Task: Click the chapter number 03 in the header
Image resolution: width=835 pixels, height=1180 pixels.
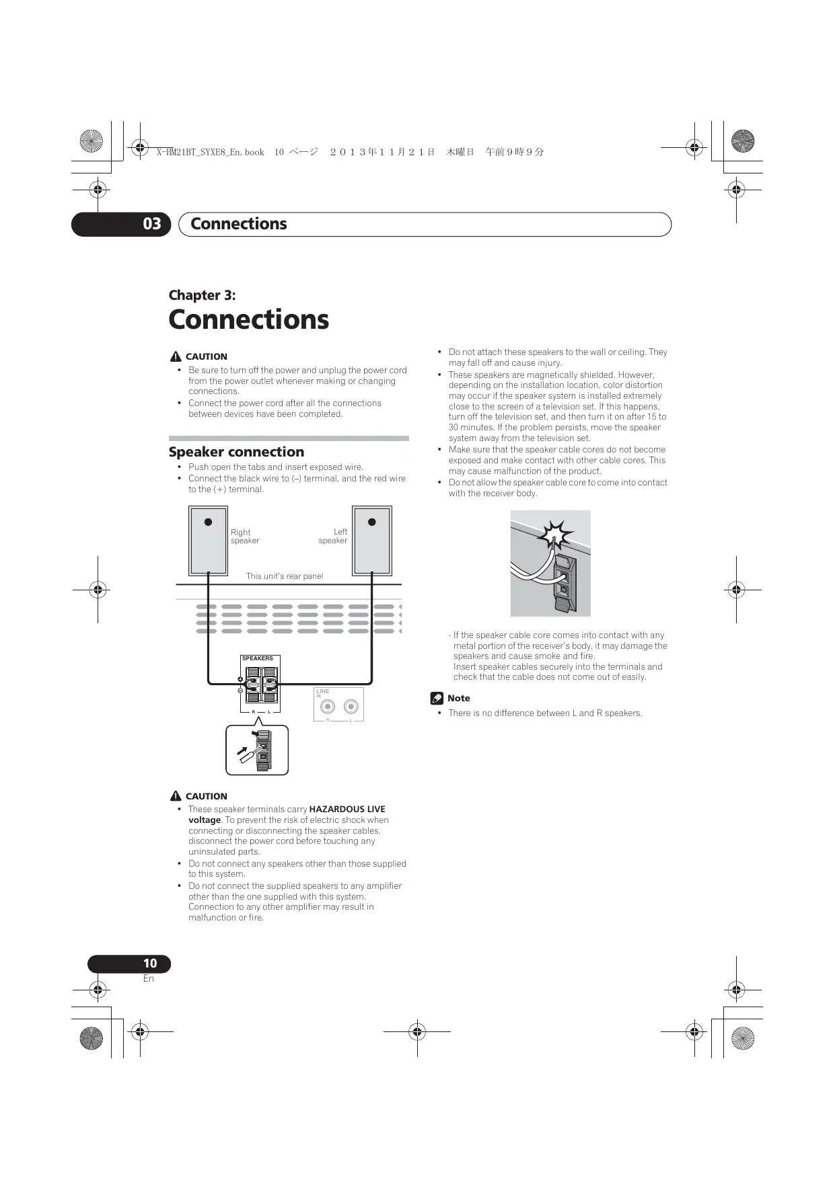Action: point(152,224)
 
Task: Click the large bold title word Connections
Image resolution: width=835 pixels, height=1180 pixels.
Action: point(248,319)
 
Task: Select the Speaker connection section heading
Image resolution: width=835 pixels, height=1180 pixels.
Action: point(236,452)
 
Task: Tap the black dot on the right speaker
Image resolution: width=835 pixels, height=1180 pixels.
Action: point(209,522)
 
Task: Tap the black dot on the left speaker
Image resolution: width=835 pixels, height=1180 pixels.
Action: point(371,522)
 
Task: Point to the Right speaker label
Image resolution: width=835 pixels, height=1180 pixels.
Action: point(244,537)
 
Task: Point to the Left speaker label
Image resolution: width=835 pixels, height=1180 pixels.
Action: point(333,537)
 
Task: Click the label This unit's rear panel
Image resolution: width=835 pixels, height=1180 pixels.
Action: point(284,576)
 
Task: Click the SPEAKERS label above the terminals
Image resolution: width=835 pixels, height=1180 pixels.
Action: point(257,659)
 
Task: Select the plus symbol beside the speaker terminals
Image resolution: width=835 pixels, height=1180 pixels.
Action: point(240,679)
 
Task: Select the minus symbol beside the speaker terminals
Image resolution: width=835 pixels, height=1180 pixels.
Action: point(240,691)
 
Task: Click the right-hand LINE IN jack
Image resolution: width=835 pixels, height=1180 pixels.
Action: point(351,706)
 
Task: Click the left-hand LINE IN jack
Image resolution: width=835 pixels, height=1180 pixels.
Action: point(328,706)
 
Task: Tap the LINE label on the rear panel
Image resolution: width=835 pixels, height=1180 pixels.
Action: point(323,691)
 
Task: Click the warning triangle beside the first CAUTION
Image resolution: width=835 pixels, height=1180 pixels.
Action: point(176,356)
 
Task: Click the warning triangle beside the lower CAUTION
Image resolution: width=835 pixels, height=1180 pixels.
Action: point(176,796)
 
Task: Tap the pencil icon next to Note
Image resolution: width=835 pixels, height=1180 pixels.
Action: point(437,699)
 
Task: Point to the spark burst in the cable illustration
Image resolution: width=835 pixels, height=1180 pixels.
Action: point(556,535)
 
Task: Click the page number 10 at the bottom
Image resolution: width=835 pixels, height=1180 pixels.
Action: point(149,963)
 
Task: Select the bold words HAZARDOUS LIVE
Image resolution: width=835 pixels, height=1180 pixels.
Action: point(347,810)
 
